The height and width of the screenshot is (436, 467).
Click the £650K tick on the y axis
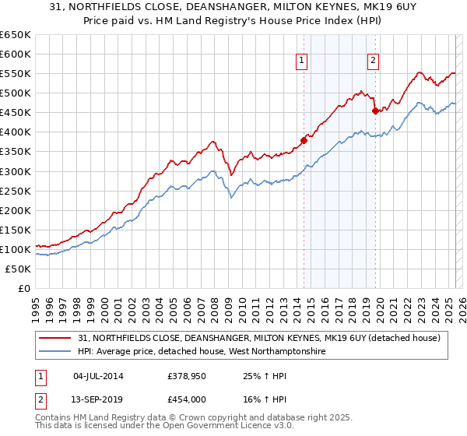point(16,35)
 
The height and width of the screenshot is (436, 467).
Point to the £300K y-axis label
point(16,171)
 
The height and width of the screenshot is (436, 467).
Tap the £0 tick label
point(26,288)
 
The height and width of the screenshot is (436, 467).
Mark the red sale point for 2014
point(304,141)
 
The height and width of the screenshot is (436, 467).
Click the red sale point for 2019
point(375,111)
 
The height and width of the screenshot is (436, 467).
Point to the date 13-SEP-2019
point(98,398)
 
